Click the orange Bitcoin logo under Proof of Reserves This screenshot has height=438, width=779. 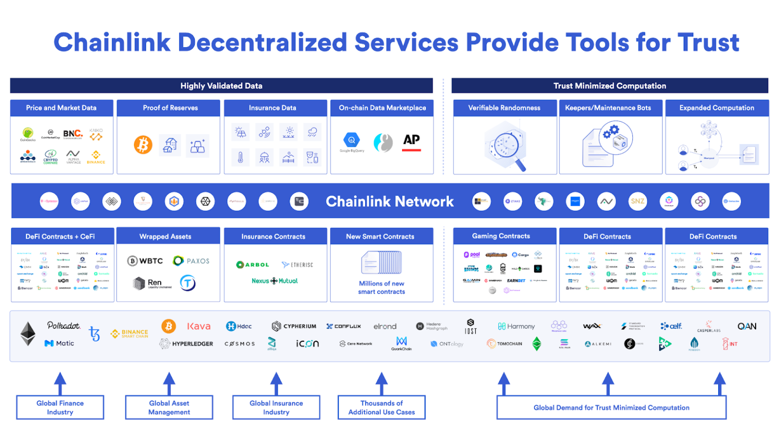point(143,145)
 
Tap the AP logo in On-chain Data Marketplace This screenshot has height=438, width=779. point(411,141)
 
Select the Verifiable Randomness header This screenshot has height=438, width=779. point(504,108)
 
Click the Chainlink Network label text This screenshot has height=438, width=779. point(389,202)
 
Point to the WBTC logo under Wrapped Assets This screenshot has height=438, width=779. point(145,261)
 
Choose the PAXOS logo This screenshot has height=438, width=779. point(191,261)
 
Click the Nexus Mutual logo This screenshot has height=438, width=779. point(275,281)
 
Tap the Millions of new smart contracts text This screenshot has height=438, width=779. point(381,287)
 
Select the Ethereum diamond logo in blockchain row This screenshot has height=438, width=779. point(28,334)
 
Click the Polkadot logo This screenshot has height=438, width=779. point(63,325)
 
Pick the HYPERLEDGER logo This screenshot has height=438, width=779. point(186,344)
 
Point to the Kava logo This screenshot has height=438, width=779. point(199,326)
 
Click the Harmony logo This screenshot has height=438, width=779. point(516,326)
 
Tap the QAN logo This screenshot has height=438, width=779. point(747,326)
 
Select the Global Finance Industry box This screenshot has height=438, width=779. point(60,408)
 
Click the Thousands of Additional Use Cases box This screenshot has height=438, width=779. point(381,408)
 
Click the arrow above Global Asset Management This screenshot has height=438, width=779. point(169,383)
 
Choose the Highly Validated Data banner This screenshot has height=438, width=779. point(221,86)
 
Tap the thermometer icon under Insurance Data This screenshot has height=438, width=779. point(240,158)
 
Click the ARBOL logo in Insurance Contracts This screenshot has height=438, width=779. point(253,265)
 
